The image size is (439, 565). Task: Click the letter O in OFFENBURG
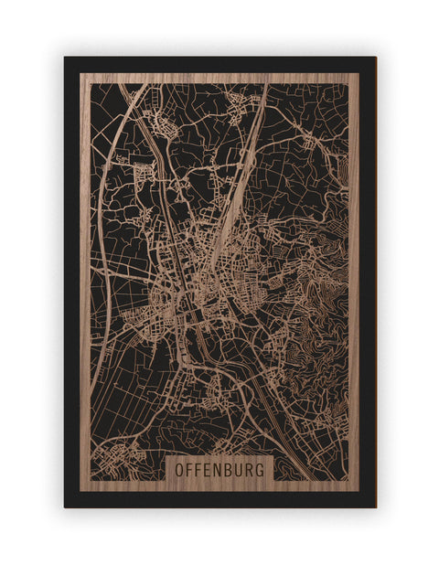(x=177, y=469)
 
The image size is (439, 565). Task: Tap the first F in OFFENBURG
(x=189, y=469)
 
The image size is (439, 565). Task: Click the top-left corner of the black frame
(x=65, y=58)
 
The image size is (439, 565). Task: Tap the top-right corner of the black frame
(x=375, y=58)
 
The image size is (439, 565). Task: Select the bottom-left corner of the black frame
(x=65, y=506)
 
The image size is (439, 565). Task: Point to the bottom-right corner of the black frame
(x=375, y=506)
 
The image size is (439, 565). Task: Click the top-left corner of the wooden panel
(x=80, y=73)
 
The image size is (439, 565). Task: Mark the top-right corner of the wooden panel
(x=359, y=73)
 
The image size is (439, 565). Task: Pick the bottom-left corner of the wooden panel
(x=80, y=491)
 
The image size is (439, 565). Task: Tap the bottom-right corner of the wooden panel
(x=359, y=491)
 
